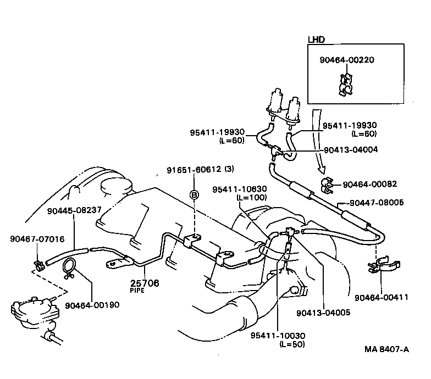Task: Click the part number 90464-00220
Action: coord(347,60)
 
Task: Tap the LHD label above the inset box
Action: coord(316,40)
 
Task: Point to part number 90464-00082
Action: coord(369,184)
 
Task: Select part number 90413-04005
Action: coord(323,313)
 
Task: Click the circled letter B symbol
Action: coord(194,194)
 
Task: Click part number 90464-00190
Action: coord(92,305)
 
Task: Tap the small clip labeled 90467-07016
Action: coord(38,266)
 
